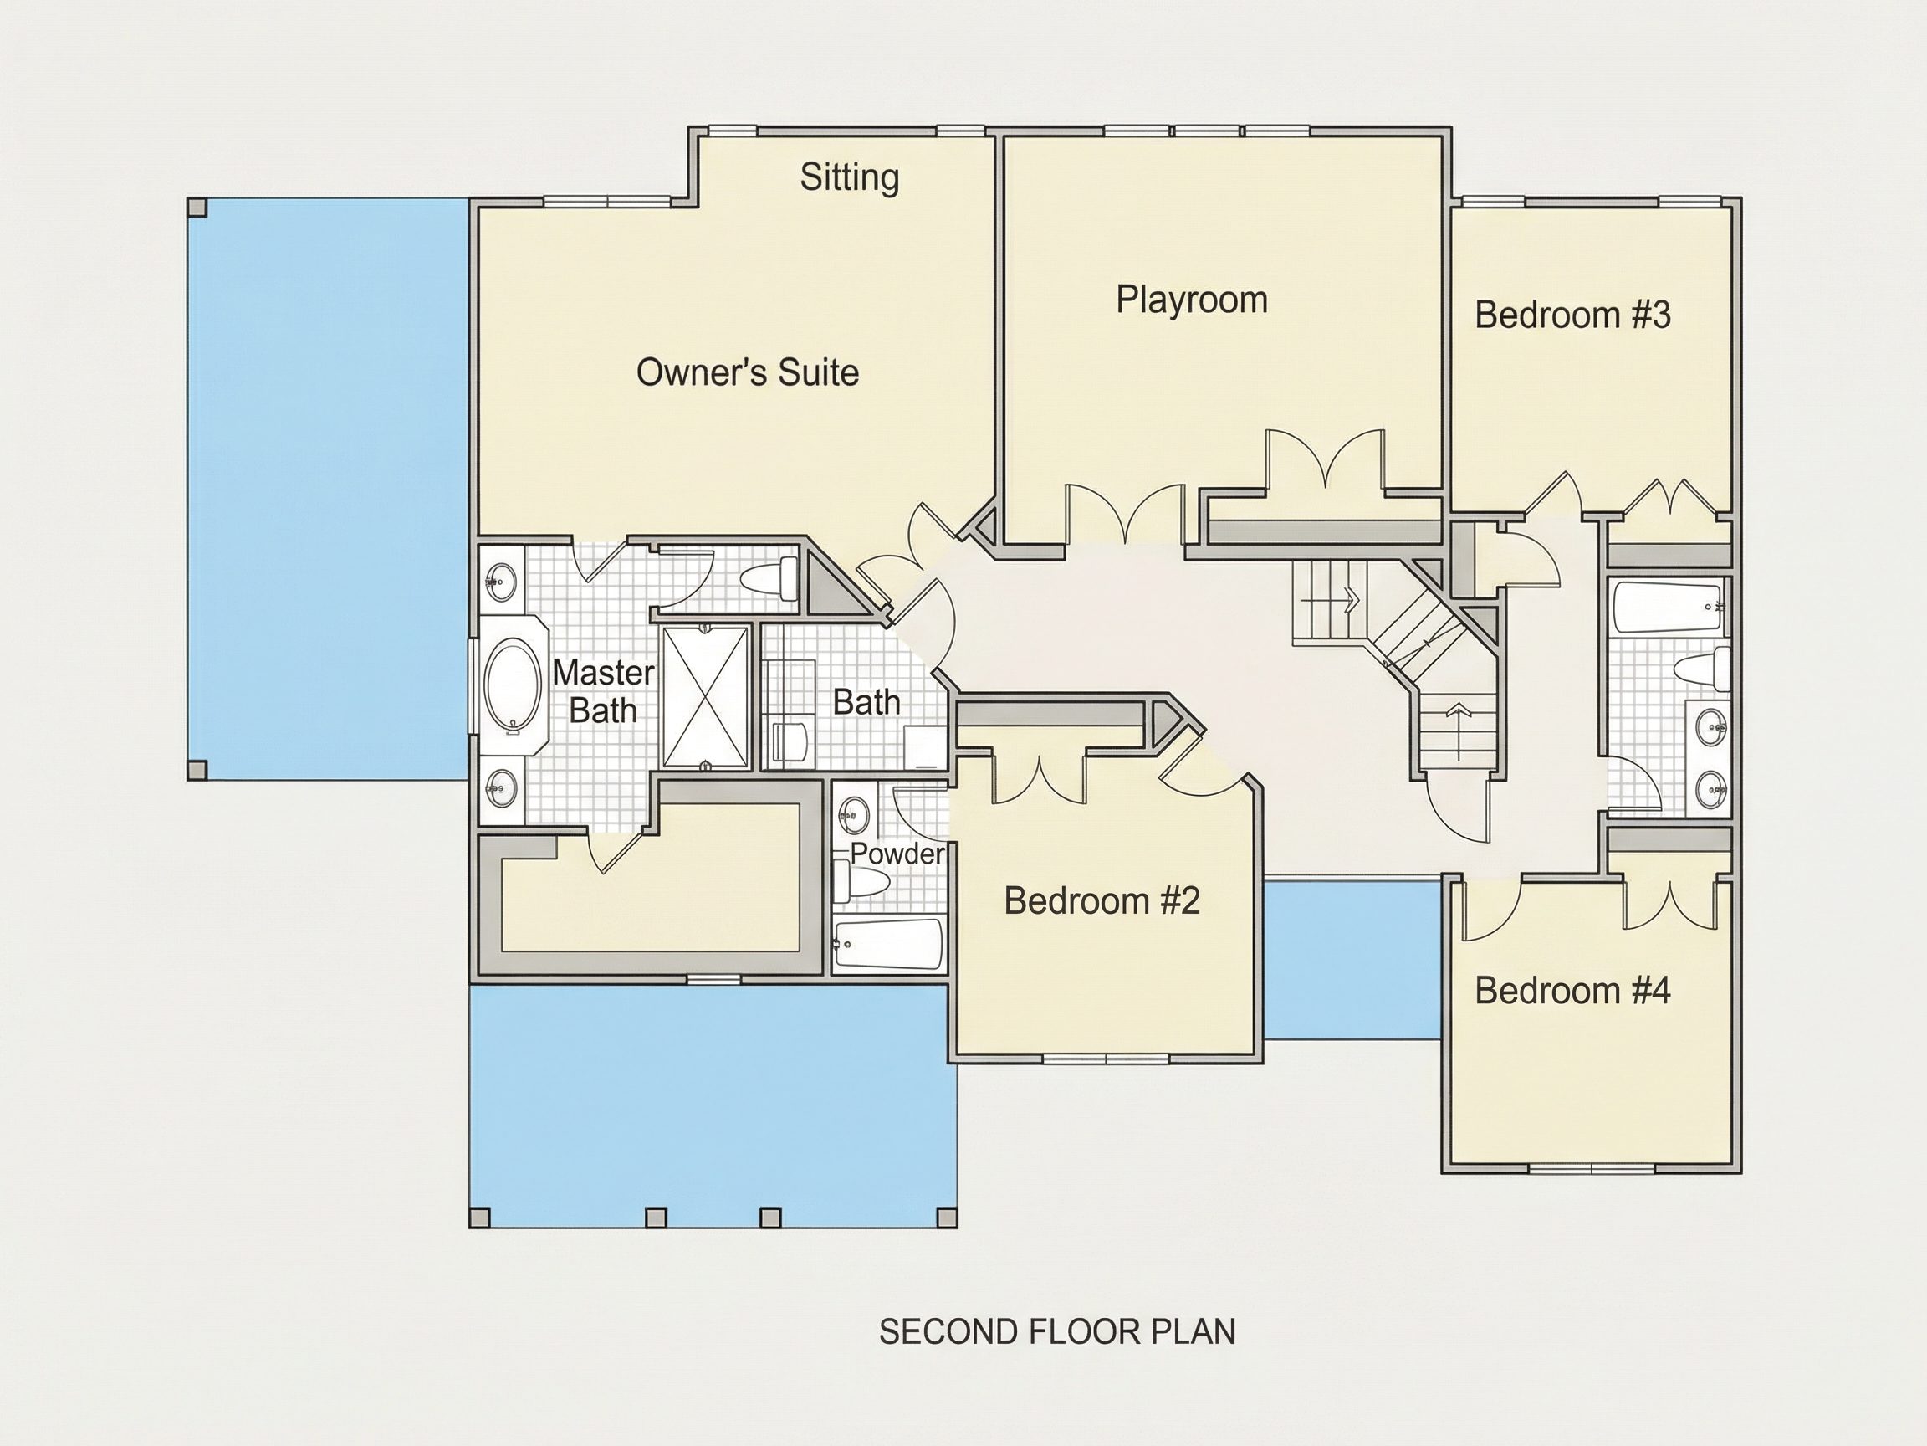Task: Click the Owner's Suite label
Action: [748, 372]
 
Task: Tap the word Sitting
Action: [850, 177]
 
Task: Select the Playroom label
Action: [1192, 300]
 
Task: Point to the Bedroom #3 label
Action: [1572, 315]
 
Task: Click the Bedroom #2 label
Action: [1102, 900]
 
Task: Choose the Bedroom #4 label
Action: [1572, 990]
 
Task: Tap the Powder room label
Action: [897, 854]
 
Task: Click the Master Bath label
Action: [603, 691]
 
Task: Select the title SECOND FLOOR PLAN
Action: [1056, 1332]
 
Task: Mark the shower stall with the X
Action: [706, 697]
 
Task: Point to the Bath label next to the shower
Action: [866, 703]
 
